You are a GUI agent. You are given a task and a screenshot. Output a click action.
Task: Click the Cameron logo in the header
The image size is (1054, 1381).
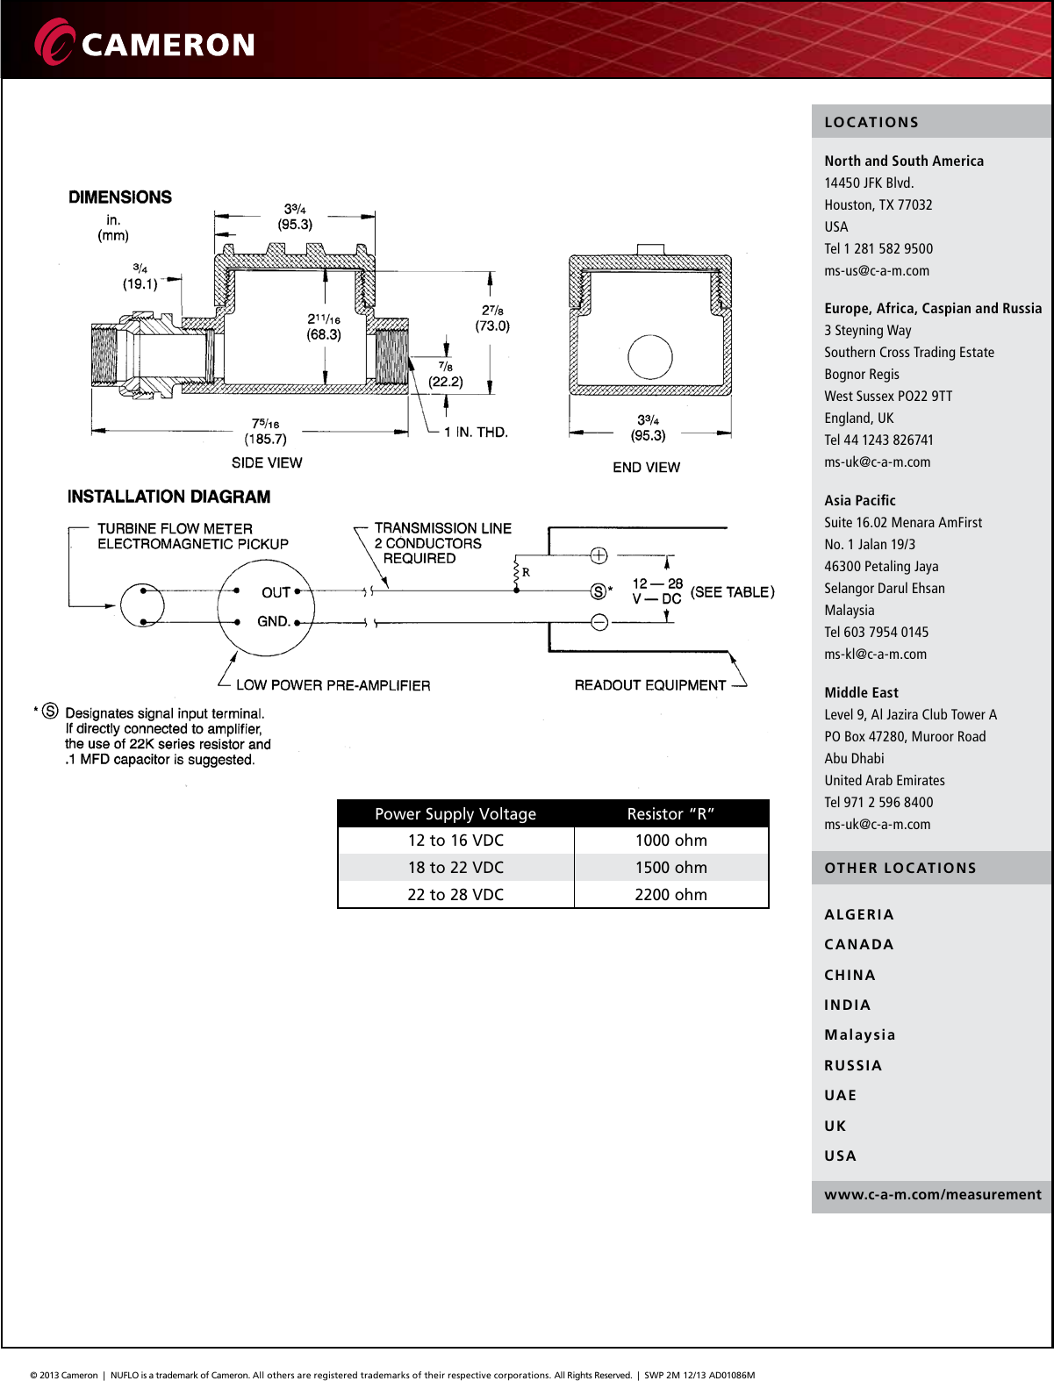click(x=145, y=42)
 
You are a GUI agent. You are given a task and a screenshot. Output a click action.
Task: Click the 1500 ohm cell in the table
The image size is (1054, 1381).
click(x=670, y=867)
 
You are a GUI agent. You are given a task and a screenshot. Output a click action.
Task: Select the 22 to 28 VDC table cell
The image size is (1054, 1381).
click(x=455, y=894)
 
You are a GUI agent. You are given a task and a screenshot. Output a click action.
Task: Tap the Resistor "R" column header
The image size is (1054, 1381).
click(x=670, y=813)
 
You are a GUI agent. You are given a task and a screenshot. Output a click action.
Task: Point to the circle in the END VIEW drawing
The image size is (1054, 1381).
click(x=650, y=358)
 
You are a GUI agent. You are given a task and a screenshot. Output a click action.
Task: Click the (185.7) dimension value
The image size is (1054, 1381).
click(x=265, y=439)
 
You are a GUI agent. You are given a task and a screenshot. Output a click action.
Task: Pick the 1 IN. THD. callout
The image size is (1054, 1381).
click(x=476, y=432)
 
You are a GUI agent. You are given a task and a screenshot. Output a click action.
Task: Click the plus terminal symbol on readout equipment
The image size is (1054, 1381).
click(x=599, y=555)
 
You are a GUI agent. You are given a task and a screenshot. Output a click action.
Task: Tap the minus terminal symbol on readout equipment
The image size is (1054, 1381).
click(x=599, y=622)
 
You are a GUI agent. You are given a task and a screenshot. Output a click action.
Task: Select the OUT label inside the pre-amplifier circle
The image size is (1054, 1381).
click(x=276, y=592)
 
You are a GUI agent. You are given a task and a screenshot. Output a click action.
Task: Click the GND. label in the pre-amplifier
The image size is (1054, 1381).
click(x=273, y=621)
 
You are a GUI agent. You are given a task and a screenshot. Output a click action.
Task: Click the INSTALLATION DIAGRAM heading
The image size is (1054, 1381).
click(x=168, y=497)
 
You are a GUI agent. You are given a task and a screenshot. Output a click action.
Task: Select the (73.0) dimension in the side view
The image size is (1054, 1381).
click(x=492, y=326)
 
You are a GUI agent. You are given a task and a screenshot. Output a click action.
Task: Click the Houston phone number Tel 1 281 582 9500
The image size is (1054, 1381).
click(x=878, y=248)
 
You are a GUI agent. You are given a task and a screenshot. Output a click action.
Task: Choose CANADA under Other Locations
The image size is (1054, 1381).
click(x=858, y=944)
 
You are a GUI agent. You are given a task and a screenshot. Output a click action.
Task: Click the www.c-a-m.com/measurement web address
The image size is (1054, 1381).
click(x=932, y=1194)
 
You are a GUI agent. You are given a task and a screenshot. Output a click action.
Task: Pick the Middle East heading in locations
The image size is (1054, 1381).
click(x=861, y=692)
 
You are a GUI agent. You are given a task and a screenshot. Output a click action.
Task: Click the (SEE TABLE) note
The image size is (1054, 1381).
click(x=732, y=592)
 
